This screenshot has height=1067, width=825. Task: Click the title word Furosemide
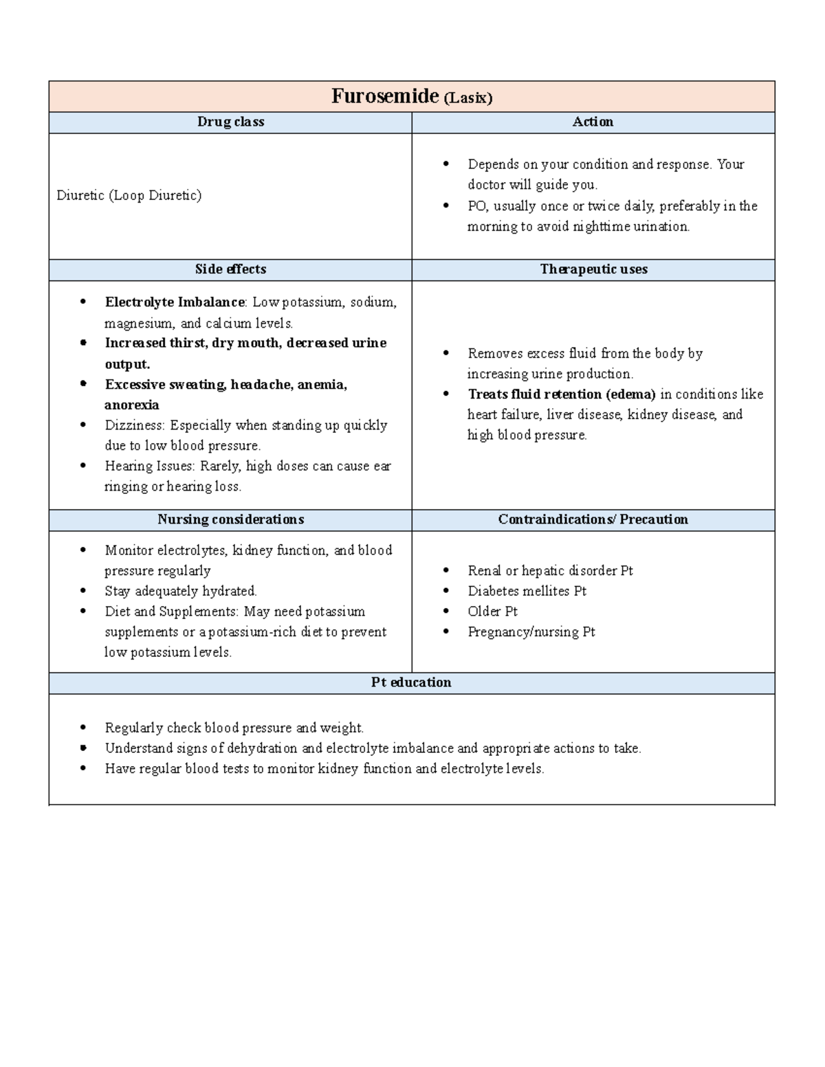pyautogui.click(x=384, y=96)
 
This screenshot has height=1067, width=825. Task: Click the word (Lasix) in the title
pyautogui.click(x=467, y=98)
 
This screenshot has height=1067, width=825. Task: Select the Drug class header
pyautogui.click(x=230, y=122)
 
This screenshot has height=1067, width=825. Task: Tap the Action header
pyautogui.click(x=593, y=122)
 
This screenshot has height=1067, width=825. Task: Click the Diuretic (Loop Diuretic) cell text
pyautogui.click(x=129, y=196)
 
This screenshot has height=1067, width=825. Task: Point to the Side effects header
pyautogui.click(x=230, y=269)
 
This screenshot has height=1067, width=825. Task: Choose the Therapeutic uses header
pyautogui.click(x=593, y=269)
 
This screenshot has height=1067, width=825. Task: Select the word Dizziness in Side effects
pyautogui.click(x=135, y=425)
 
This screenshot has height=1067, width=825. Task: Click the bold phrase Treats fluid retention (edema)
pyautogui.click(x=561, y=394)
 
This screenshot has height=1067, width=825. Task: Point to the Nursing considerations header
pyautogui.click(x=230, y=519)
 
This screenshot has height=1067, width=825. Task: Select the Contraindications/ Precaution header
pyautogui.click(x=593, y=519)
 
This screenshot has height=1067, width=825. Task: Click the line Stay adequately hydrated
pyautogui.click(x=181, y=591)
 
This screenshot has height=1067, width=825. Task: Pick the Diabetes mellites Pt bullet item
pyautogui.click(x=527, y=591)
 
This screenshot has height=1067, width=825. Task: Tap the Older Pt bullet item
pyautogui.click(x=492, y=611)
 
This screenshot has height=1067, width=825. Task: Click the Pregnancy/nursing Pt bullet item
pyautogui.click(x=531, y=632)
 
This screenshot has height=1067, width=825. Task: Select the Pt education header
pyautogui.click(x=411, y=682)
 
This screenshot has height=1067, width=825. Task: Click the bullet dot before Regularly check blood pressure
pyautogui.click(x=84, y=728)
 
